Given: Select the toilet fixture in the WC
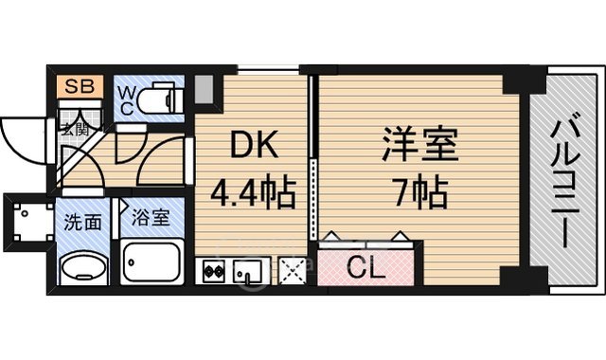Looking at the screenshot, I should [163, 99].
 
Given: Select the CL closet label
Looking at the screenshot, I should [365, 268].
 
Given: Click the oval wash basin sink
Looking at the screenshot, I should [83, 268].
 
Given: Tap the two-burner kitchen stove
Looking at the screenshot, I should [211, 271].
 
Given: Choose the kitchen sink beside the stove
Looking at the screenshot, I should [246, 271].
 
